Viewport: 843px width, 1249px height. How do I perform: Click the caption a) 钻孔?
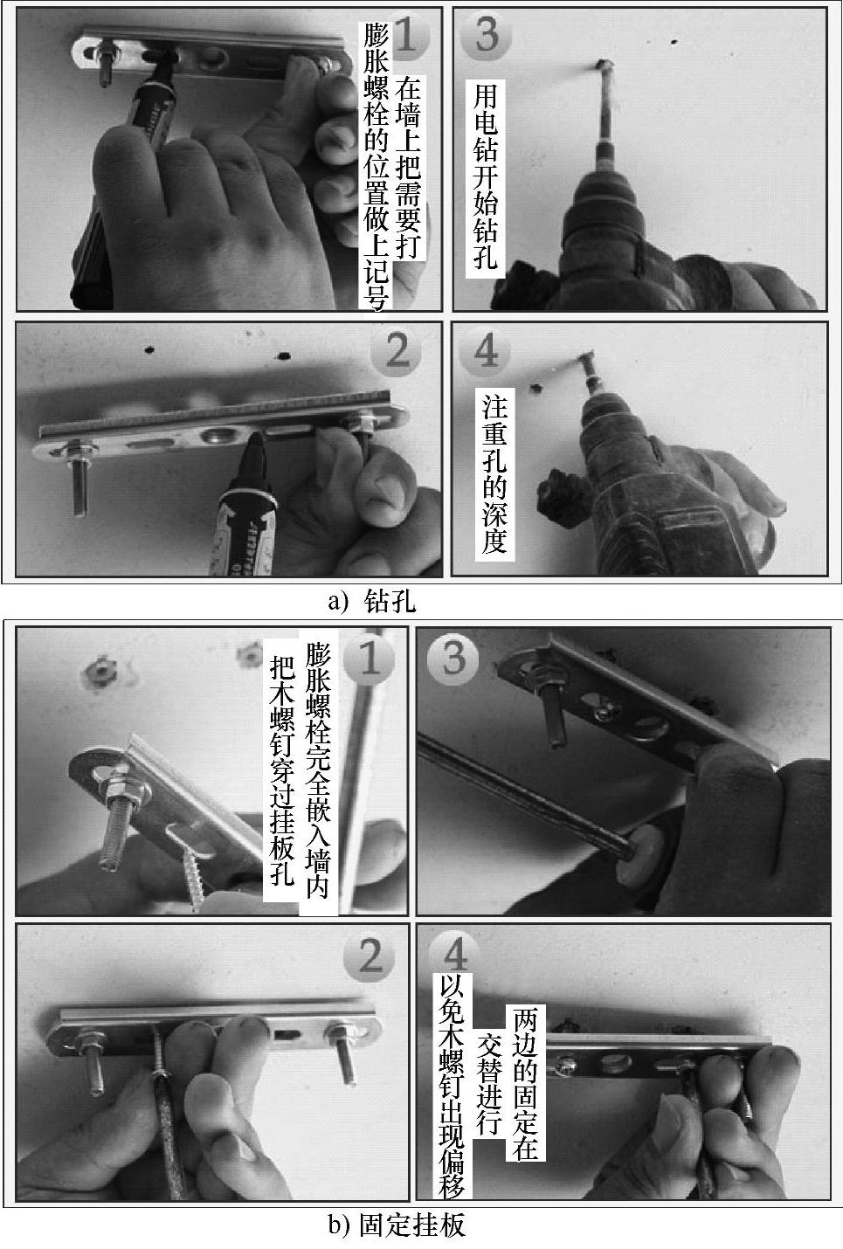[x=372, y=602]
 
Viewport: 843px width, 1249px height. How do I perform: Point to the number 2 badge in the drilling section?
[x=397, y=352]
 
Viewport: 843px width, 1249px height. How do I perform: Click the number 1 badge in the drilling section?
[x=406, y=35]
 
